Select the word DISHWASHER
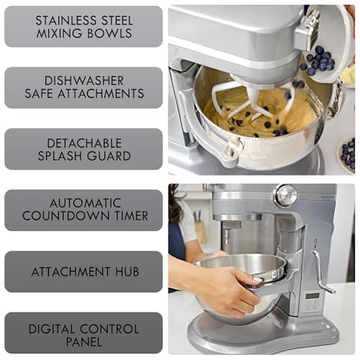(x=84, y=81)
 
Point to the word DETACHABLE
(x=84, y=143)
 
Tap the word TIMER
(x=128, y=215)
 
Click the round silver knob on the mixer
(x=286, y=194)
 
